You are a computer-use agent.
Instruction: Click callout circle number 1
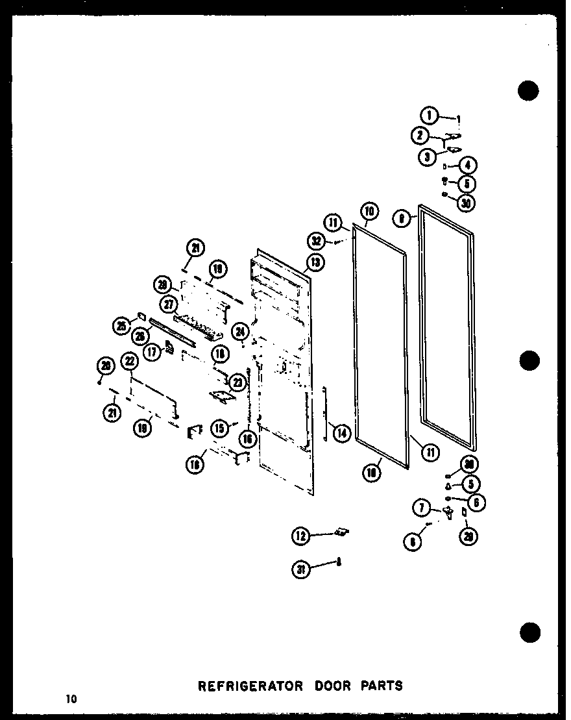click(x=429, y=116)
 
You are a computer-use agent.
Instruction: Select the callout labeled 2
click(x=420, y=136)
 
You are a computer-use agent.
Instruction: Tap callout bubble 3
click(x=428, y=156)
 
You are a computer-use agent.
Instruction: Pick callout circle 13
click(x=315, y=262)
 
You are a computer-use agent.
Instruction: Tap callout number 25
click(x=121, y=327)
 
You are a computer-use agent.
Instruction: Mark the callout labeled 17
click(x=152, y=353)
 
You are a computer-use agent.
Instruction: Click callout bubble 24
click(x=241, y=331)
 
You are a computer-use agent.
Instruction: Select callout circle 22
click(x=130, y=362)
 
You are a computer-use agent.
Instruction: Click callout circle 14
click(x=341, y=432)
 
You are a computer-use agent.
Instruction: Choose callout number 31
click(x=300, y=570)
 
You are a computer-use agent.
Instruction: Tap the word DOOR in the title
click(x=321, y=686)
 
